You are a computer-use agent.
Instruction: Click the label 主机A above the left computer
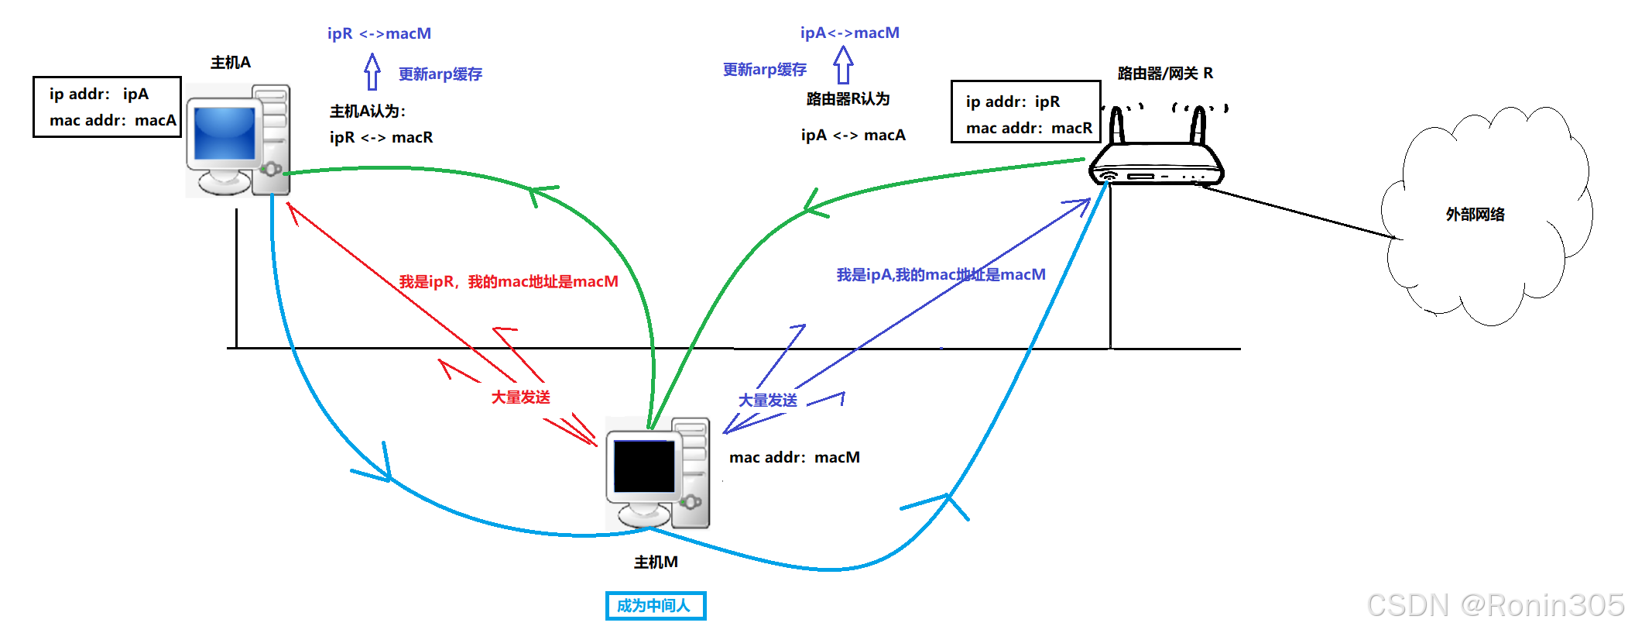pos(231,63)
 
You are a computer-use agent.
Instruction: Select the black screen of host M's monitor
pos(643,466)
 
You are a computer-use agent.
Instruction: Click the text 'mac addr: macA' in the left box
pos(112,121)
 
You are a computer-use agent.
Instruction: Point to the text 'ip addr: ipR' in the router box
pos(1013,102)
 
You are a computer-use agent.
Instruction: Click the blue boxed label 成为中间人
pos(655,606)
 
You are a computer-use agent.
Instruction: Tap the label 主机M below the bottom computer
pos(656,562)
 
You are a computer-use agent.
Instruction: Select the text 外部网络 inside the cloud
pos(1475,215)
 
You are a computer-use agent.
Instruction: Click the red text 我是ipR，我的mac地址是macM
pos(509,282)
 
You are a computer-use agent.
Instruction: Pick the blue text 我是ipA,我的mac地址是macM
pos(941,275)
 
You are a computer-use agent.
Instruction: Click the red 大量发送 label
pos(520,397)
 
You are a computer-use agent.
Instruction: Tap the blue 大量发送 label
pos(767,401)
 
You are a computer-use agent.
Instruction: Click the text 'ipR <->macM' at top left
pos(379,34)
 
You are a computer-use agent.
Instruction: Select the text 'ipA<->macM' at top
pos(849,33)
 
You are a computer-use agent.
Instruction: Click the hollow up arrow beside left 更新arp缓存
pos(372,72)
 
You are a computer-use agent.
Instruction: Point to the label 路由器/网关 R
pos(1165,74)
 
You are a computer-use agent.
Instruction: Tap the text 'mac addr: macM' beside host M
pos(794,458)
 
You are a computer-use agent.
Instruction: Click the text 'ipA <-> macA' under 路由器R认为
pos(852,136)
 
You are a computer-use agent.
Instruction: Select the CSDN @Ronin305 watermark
pos(1495,605)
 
